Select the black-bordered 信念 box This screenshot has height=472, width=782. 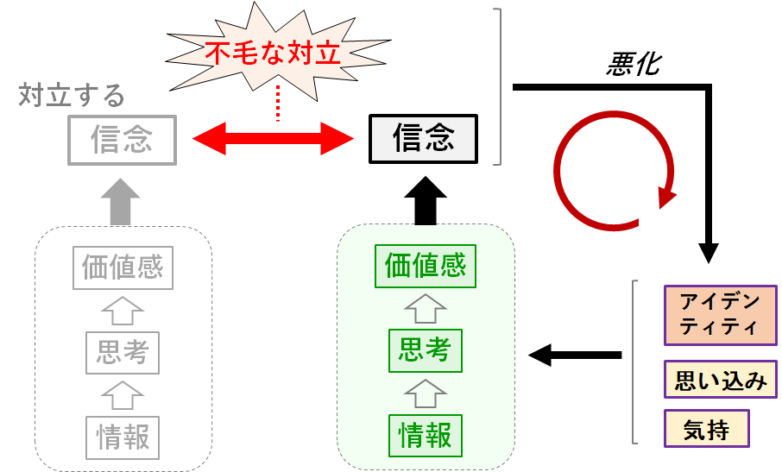424,139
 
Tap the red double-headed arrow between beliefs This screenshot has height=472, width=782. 273,137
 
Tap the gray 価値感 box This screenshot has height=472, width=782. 123,268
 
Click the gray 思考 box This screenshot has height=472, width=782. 123,352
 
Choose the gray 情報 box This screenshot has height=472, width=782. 123,436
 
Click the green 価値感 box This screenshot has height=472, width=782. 426,267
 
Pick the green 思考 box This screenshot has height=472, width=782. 426,350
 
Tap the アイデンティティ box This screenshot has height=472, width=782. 720,314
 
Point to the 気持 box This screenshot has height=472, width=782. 706,428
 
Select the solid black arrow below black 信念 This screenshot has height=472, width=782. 426,200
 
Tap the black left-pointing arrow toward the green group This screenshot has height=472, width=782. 574,354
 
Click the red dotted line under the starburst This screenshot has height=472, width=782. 278,104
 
